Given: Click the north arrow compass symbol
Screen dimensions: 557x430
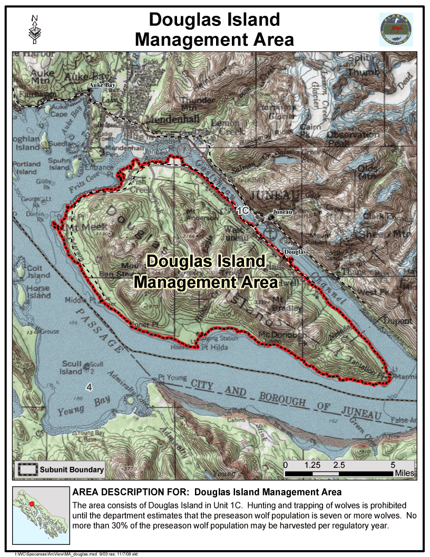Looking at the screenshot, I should pos(35,30).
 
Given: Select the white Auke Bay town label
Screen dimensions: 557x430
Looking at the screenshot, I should pos(101,85).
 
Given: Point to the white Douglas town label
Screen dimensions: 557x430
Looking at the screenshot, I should pos(295,252).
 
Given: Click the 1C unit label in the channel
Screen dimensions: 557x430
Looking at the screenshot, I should pos(242,210).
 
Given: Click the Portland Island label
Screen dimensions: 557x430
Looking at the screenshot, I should pos(26,168).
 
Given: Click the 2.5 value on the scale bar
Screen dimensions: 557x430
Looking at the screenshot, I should pos(339,466).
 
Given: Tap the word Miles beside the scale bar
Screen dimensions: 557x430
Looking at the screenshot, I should pos(404,474).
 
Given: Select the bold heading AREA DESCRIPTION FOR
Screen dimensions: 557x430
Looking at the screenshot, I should pos(131,493).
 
